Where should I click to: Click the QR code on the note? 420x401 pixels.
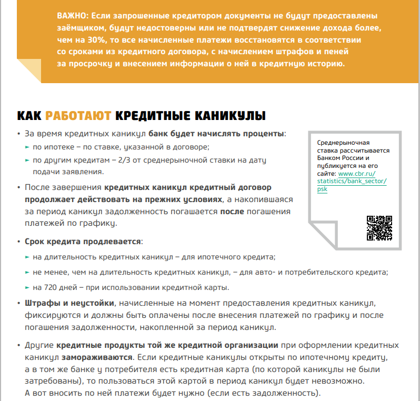click(x=379, y=228)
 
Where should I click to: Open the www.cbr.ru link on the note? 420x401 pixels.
click(x=356, y=173)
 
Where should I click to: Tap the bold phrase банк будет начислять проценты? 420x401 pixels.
click(x=216, y=134)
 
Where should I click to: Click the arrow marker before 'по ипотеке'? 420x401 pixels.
click(x=27, y=147)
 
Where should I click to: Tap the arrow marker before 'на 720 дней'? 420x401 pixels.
click(x=27, y=288)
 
